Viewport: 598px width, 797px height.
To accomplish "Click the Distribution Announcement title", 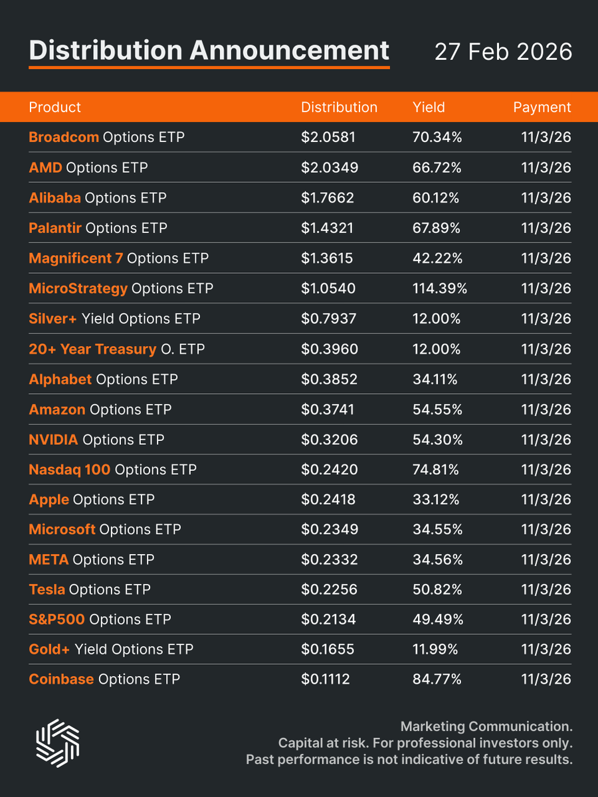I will tap(209, 51).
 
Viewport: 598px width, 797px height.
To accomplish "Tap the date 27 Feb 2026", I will tap(503, 52).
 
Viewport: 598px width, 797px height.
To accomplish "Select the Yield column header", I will tap(429, 107).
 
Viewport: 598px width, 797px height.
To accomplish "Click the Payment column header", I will tap(542, 107).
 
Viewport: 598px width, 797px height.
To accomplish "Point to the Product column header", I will tap(55, 107).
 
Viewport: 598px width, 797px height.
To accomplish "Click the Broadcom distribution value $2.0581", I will tap(328, 137).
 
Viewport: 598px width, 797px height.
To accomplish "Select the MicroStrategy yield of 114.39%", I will tap(440, 288).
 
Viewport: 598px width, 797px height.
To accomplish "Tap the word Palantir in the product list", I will tap(55, 228).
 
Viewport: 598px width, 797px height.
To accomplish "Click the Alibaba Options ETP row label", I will tap(98, 198).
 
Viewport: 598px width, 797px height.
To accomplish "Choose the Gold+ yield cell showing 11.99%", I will tap(435, 649).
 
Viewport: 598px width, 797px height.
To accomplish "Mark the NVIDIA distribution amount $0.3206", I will tap(329, 440).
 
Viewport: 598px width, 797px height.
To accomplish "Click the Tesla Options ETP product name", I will tap(90, 589).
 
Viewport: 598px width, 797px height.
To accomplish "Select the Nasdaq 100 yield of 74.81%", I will tap(436, 470).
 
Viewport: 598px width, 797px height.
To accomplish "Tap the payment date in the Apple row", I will tap(546, 499).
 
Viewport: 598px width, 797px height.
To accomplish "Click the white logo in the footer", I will tap(57, 740).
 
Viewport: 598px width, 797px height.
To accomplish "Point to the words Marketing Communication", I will tap(486, 727).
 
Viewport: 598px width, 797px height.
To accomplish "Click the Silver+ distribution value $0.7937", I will tap(329, 319).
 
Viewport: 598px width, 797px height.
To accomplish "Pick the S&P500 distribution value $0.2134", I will tap(328, 619).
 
